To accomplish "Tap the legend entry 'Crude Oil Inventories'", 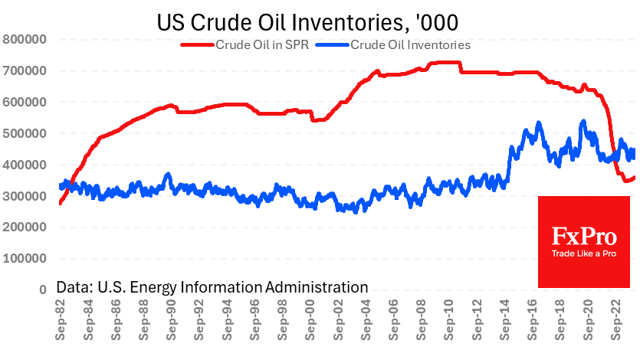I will pos(410,44).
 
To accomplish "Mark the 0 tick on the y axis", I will pos(42,290).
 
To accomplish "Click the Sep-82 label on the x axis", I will pos(62,322).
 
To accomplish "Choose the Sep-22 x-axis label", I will pos(615,322).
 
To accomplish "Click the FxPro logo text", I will pos(584,235).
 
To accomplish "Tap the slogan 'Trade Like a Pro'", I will pos(584,253).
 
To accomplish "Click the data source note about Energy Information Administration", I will pos(212,287).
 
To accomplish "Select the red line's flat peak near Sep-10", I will pos(445,63).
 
